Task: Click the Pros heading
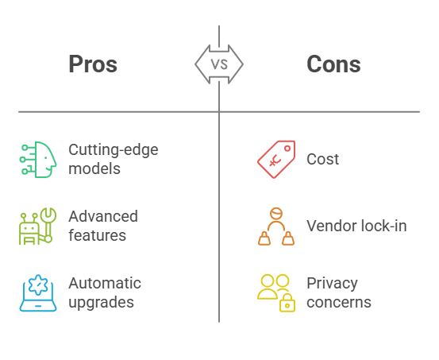click(93, 64)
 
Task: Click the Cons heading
click(333, 64)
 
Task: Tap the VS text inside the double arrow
click(219, 64)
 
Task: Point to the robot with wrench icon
click(38, 226)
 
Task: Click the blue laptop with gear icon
click(38, 293)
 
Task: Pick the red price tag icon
click(276, 159)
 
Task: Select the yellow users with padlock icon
click(276, 293)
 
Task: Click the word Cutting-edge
click(114, 150)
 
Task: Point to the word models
click(94, 168)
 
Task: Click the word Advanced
click(103, 216)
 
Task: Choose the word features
click(98, 235)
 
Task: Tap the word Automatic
click(105, 283)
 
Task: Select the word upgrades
click(102, 303)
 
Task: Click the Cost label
click(323, 159)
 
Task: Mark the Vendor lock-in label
click(356, 226)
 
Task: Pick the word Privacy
click(333, 284)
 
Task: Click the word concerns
click(339, 302)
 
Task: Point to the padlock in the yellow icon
click(287, 304)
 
